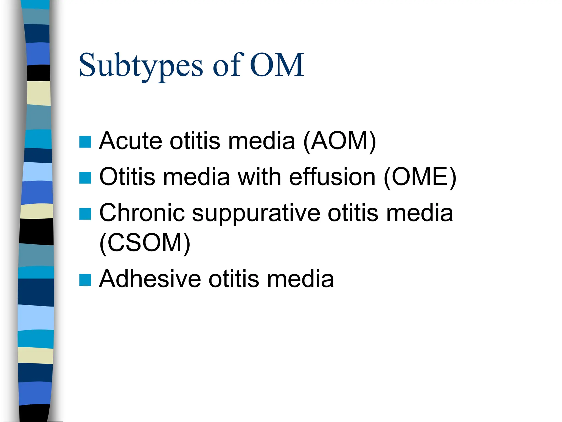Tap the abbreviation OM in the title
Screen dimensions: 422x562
click(277, 65)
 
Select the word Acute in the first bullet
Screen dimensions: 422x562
click(131, 141)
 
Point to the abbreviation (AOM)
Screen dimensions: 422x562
click(339, 141)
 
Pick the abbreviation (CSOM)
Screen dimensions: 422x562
click(145, 243)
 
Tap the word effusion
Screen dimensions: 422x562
click(332, 177)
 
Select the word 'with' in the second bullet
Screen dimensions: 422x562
click(259, 177)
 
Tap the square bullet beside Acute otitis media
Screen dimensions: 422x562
click(85, 142)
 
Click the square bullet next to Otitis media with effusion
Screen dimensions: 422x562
click(85, 178)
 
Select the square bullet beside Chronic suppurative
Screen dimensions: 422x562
click(85, 214)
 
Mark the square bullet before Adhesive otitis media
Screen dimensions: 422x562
click(85, 280)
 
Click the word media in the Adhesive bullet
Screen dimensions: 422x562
click(300, 279)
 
